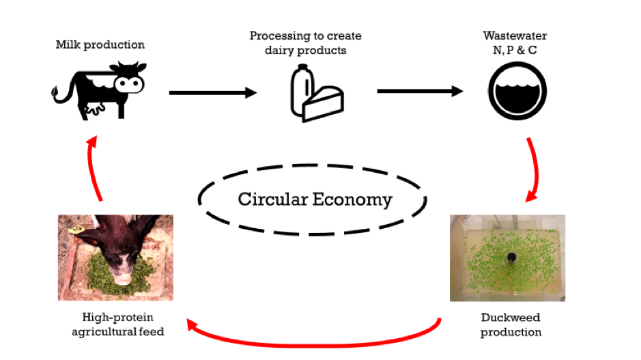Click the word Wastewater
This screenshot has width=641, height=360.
pyautogui.click(x=515, y=36)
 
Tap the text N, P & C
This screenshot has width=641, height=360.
pyautogui.click(x=515, y=50)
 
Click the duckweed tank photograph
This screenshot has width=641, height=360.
pyautogui.click(x=507, y=258)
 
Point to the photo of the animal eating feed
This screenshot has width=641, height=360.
pyautogui.click(x=115, y=258)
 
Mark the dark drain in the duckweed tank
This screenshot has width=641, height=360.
pyautogui.click(x=511, y=258)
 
